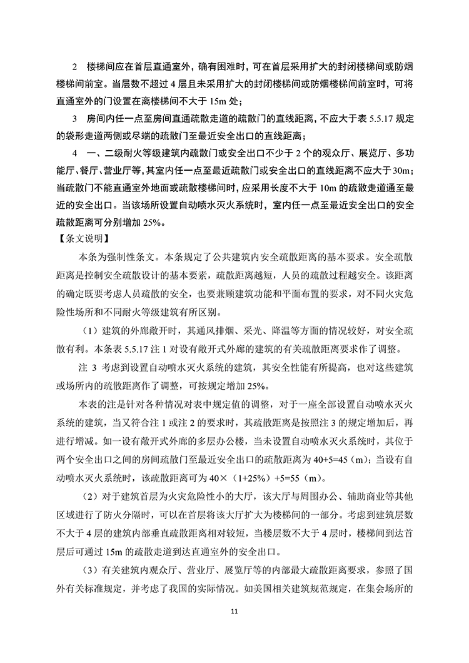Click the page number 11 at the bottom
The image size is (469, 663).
click(234, 611)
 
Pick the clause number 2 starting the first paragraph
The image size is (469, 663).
click(75, 66)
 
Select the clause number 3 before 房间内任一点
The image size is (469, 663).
click(75, 117)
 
